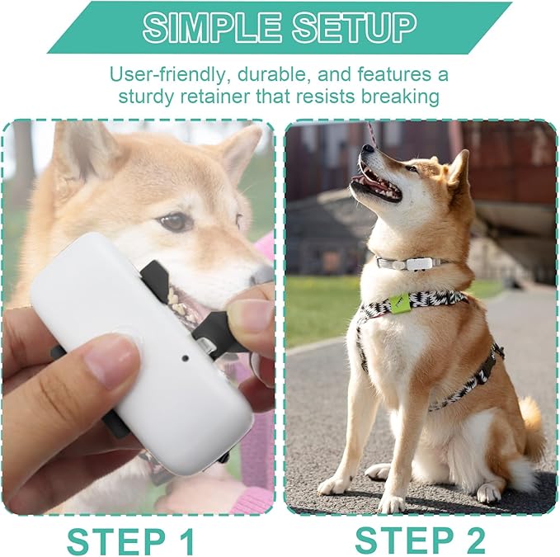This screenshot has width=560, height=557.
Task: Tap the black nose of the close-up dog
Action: [262, 275]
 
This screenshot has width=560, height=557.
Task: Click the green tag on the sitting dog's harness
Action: [399, 303]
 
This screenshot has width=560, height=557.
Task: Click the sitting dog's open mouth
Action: [378, 186]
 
